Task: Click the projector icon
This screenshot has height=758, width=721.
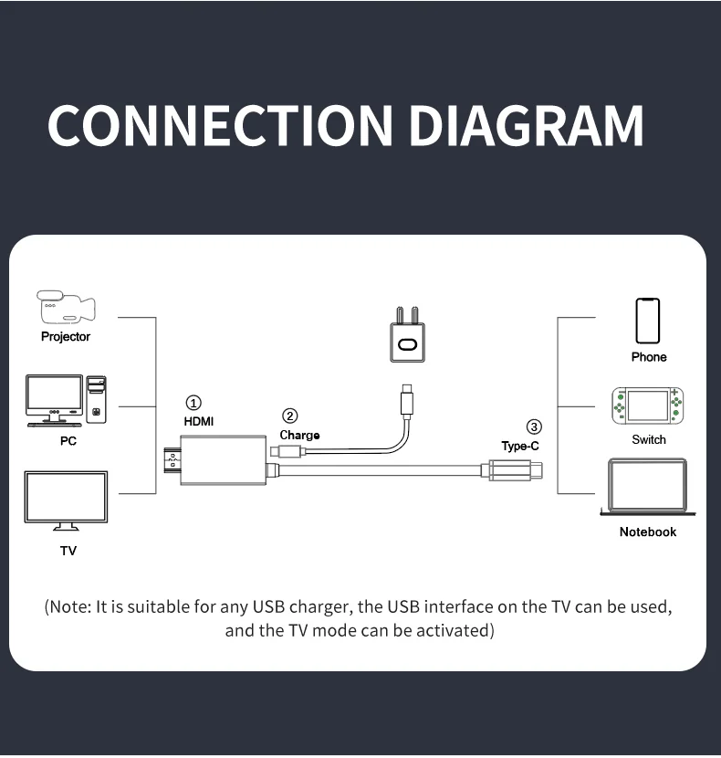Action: pyautogui.click(x=66, y=308)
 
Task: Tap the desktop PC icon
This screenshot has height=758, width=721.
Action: pyautogui.click(x=66, y=400)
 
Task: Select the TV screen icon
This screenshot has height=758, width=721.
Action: pyautogui.click(x=66, y=500)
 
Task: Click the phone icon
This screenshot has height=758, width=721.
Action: pyautogui.click(x=648, y=321)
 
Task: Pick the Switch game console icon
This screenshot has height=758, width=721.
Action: pyautogui.click(x=648, y=406)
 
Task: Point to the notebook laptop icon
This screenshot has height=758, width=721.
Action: pyautogui.click(x=648, y=488)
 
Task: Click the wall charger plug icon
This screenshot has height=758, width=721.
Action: pyautogui.click(x=407, y=338)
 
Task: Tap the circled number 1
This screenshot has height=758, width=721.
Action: pyautogui.click(x=193, y=403)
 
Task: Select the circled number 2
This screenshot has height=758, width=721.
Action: pyautogui.click(x=290, y=416)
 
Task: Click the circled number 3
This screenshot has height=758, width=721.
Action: pyautogui.click(x=534, y=426)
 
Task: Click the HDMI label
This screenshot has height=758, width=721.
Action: pyautogui.click(x=199, y=422)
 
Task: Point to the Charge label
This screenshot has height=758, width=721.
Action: pyautogui.click(x=299, y=436)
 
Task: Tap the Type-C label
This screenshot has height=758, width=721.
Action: pyautogui.click(x=520, y=447)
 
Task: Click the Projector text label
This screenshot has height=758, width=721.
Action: pyautogui.click(x=66, y=337)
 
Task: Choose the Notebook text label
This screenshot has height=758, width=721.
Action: pyautogui.click(x=648, y=532)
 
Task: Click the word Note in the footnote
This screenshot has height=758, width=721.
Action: pyautogui.click(x=69, y=607)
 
